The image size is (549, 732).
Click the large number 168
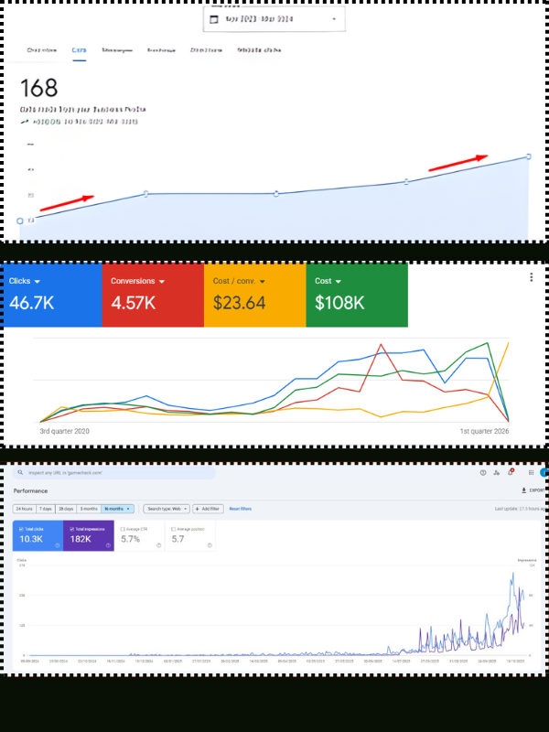click(38, 88)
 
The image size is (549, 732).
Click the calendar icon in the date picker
click(214, 19)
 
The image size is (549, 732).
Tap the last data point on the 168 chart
click(529, 156)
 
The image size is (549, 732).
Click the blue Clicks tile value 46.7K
click(32, 303)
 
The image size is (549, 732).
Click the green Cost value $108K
click(340, 303)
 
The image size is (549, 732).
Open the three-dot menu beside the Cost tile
click(532, 277)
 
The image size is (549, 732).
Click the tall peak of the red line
click(380, 343)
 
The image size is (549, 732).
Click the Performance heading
click(30, 491)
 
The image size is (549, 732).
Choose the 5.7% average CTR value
click(131, 539)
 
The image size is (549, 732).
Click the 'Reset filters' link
click(240, 509)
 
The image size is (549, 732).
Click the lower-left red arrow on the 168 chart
click(66, 201)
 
